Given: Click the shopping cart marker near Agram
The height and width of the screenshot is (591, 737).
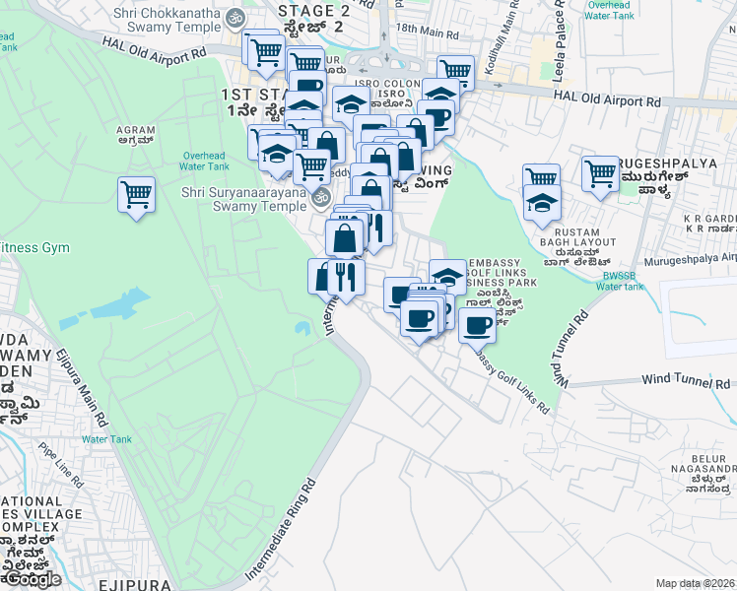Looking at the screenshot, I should [x=136, y=194].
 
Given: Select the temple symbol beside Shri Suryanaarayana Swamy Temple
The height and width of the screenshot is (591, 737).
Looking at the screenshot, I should [x=320, y=198].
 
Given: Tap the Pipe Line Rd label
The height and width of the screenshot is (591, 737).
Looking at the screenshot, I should [x=62, y=465].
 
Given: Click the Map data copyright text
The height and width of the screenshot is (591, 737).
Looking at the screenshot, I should [x=696, y=583].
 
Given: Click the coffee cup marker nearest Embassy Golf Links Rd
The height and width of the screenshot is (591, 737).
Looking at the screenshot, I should [x=477, y=324].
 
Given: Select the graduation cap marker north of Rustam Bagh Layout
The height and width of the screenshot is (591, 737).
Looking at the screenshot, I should [x=541, y=204].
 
